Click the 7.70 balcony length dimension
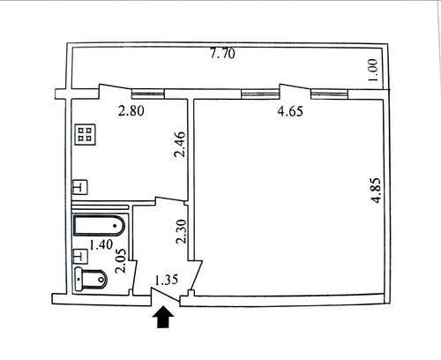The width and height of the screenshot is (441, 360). pyautogui.click(x=222, y=54)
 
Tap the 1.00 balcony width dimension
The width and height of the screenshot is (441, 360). pyautogui.click(x=373, y=70)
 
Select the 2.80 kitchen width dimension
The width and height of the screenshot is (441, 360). pyautogui.click(x=131, y=111)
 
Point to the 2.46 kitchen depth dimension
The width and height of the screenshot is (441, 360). pyautogui.click(x=180, y=144)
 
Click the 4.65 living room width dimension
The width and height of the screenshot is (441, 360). pyautogui.click(x=290, y=111)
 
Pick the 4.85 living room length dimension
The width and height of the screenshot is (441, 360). pyautogui.click(x=376, y=191)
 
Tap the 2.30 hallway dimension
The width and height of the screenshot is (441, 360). pyautogui.click(x=182, y=231)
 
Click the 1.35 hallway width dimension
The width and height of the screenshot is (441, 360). pyautogui.click(x=167, y=280)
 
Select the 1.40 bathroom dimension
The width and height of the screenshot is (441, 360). pyautogui.click(x=101, y=244)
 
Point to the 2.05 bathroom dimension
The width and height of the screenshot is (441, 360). pyautogui.click(x=121, y=261)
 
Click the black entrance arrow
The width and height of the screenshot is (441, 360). pyautogui.click(x=163, y=317)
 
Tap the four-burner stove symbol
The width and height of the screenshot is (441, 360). pyautogui.click(x=86, y=135)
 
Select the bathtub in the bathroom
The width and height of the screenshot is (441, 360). pyautogui.click(x=100, y=226)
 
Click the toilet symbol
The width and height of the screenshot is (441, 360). pyautogui.click(x=91, y=279)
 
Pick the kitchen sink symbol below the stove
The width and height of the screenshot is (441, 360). pyautogui.click(x=80, y=187)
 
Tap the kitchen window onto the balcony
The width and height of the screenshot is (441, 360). pyautogui.click(x=147, y=94)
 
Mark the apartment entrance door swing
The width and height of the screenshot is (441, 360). pyautogui.click(x=165, y=295)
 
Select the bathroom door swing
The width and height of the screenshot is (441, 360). pyautogui.click(x=134, y=276)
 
